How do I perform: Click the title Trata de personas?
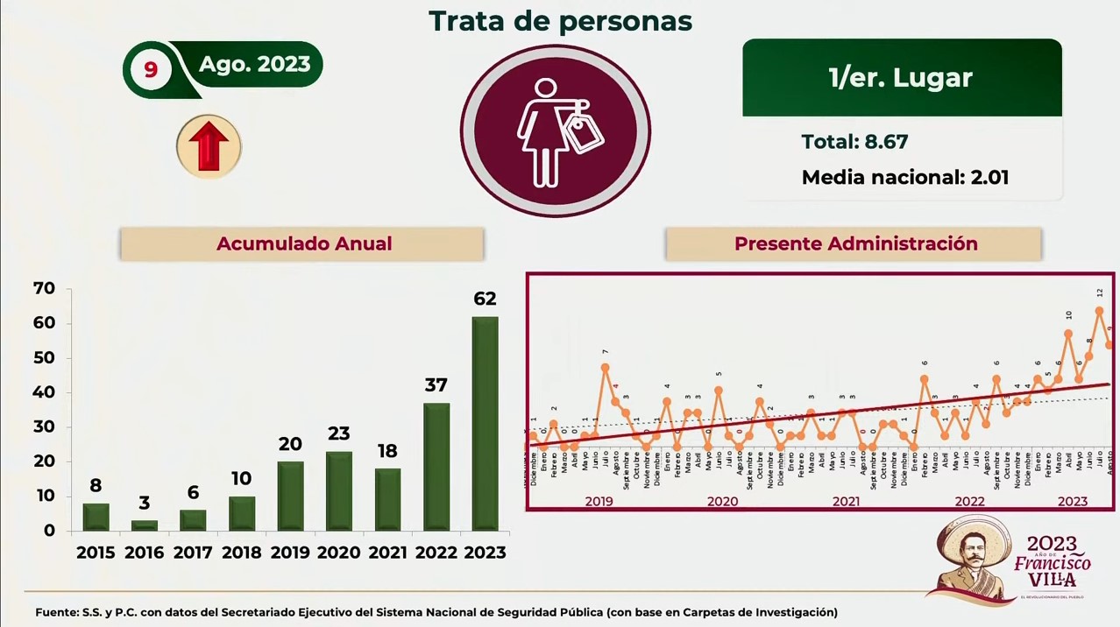(560, 21)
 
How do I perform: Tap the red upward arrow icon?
(209, 146)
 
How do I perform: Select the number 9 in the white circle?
(150, 69)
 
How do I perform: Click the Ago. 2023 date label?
(254, 64)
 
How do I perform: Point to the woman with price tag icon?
(555, 131)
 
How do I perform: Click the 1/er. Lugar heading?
(901, 78)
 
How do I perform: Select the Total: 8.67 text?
(854, 141)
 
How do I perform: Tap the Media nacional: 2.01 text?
(904, 177)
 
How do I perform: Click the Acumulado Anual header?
(303, 243)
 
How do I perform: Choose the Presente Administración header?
(855, 243)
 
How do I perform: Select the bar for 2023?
(485, 424)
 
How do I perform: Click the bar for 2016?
(145, 525)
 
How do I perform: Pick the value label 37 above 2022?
(436, 385)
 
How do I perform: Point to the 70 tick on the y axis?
(44, 288)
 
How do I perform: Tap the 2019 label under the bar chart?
(290, 553)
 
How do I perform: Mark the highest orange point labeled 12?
(1099, 311)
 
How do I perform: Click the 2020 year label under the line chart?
(722, 502)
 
